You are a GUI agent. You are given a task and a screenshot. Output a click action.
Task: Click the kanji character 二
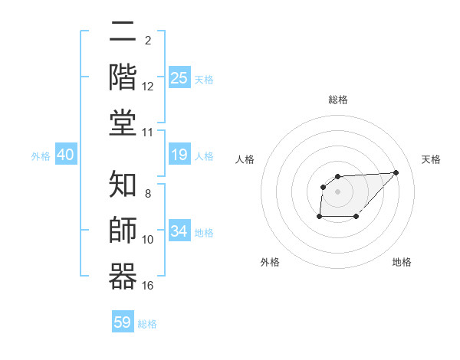[x=123, y=32]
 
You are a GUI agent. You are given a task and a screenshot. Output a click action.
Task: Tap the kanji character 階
[x=123, y=77]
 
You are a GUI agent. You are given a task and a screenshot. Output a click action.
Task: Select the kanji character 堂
[x=123, y=122]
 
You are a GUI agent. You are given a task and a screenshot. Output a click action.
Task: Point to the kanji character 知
[x=123, y=184]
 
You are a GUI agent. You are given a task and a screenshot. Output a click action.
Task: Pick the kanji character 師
[x=123, y=230]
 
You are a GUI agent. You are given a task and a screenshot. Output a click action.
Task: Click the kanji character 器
[x=123, y=275]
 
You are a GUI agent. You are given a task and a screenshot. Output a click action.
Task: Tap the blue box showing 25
[x=179, y=77]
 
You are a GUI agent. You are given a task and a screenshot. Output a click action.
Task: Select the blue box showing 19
[x=179, y=155]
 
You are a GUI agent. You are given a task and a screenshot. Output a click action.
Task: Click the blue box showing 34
[x=179, y=231]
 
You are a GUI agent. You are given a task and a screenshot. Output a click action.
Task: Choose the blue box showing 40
[x=65, y=155]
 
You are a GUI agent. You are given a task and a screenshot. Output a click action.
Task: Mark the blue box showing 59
[x=123, y=322]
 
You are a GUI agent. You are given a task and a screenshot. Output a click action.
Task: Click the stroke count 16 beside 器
[x=148, y=286]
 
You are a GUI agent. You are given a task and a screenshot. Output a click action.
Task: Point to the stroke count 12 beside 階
[x=148, y=87]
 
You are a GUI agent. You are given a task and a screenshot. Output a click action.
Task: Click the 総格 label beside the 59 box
[x=147, y=324]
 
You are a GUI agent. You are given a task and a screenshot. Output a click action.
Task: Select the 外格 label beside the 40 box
[x=41, y=156]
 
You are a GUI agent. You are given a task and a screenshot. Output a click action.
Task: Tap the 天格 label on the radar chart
[x=432, y=159]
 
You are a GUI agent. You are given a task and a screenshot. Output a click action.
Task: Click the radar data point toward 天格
[x=396, y=172]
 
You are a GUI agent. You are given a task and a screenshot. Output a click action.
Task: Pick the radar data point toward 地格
[x=356, y=217]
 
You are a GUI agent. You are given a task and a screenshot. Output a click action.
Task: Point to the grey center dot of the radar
[x=337, y=191]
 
